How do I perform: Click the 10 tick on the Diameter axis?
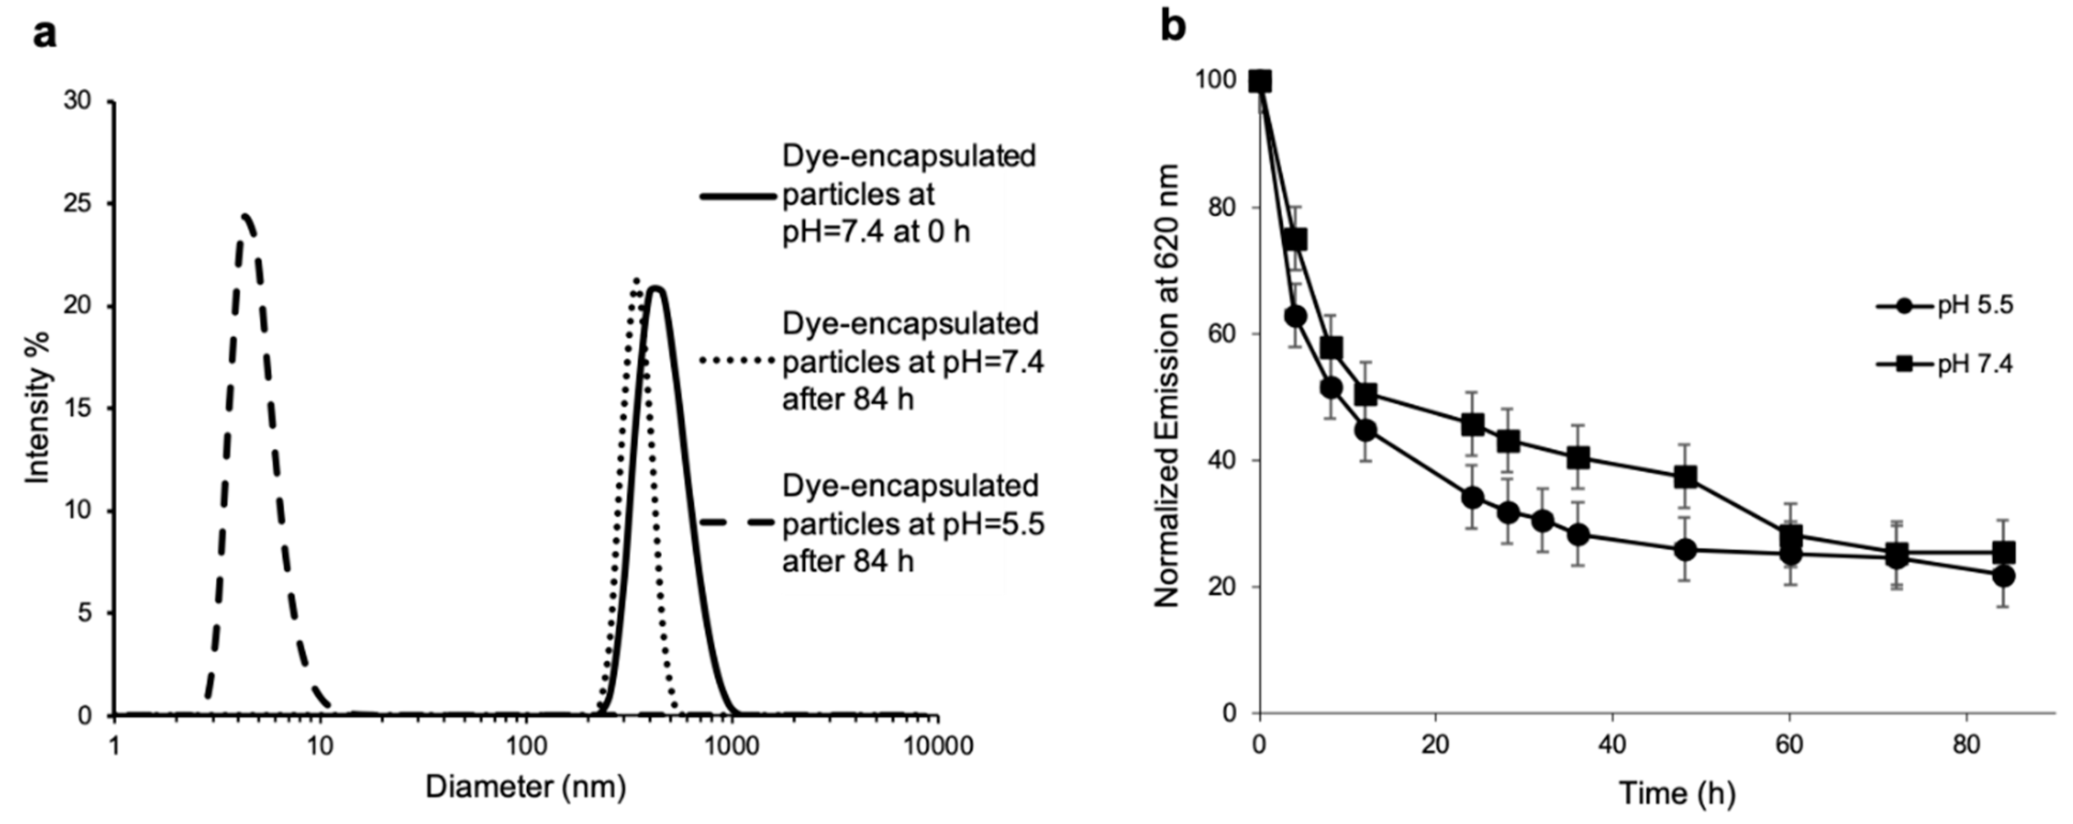320,746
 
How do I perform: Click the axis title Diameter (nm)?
526,786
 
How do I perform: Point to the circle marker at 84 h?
2004,576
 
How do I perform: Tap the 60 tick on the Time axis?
1789,746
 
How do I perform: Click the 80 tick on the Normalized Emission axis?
1222,208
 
